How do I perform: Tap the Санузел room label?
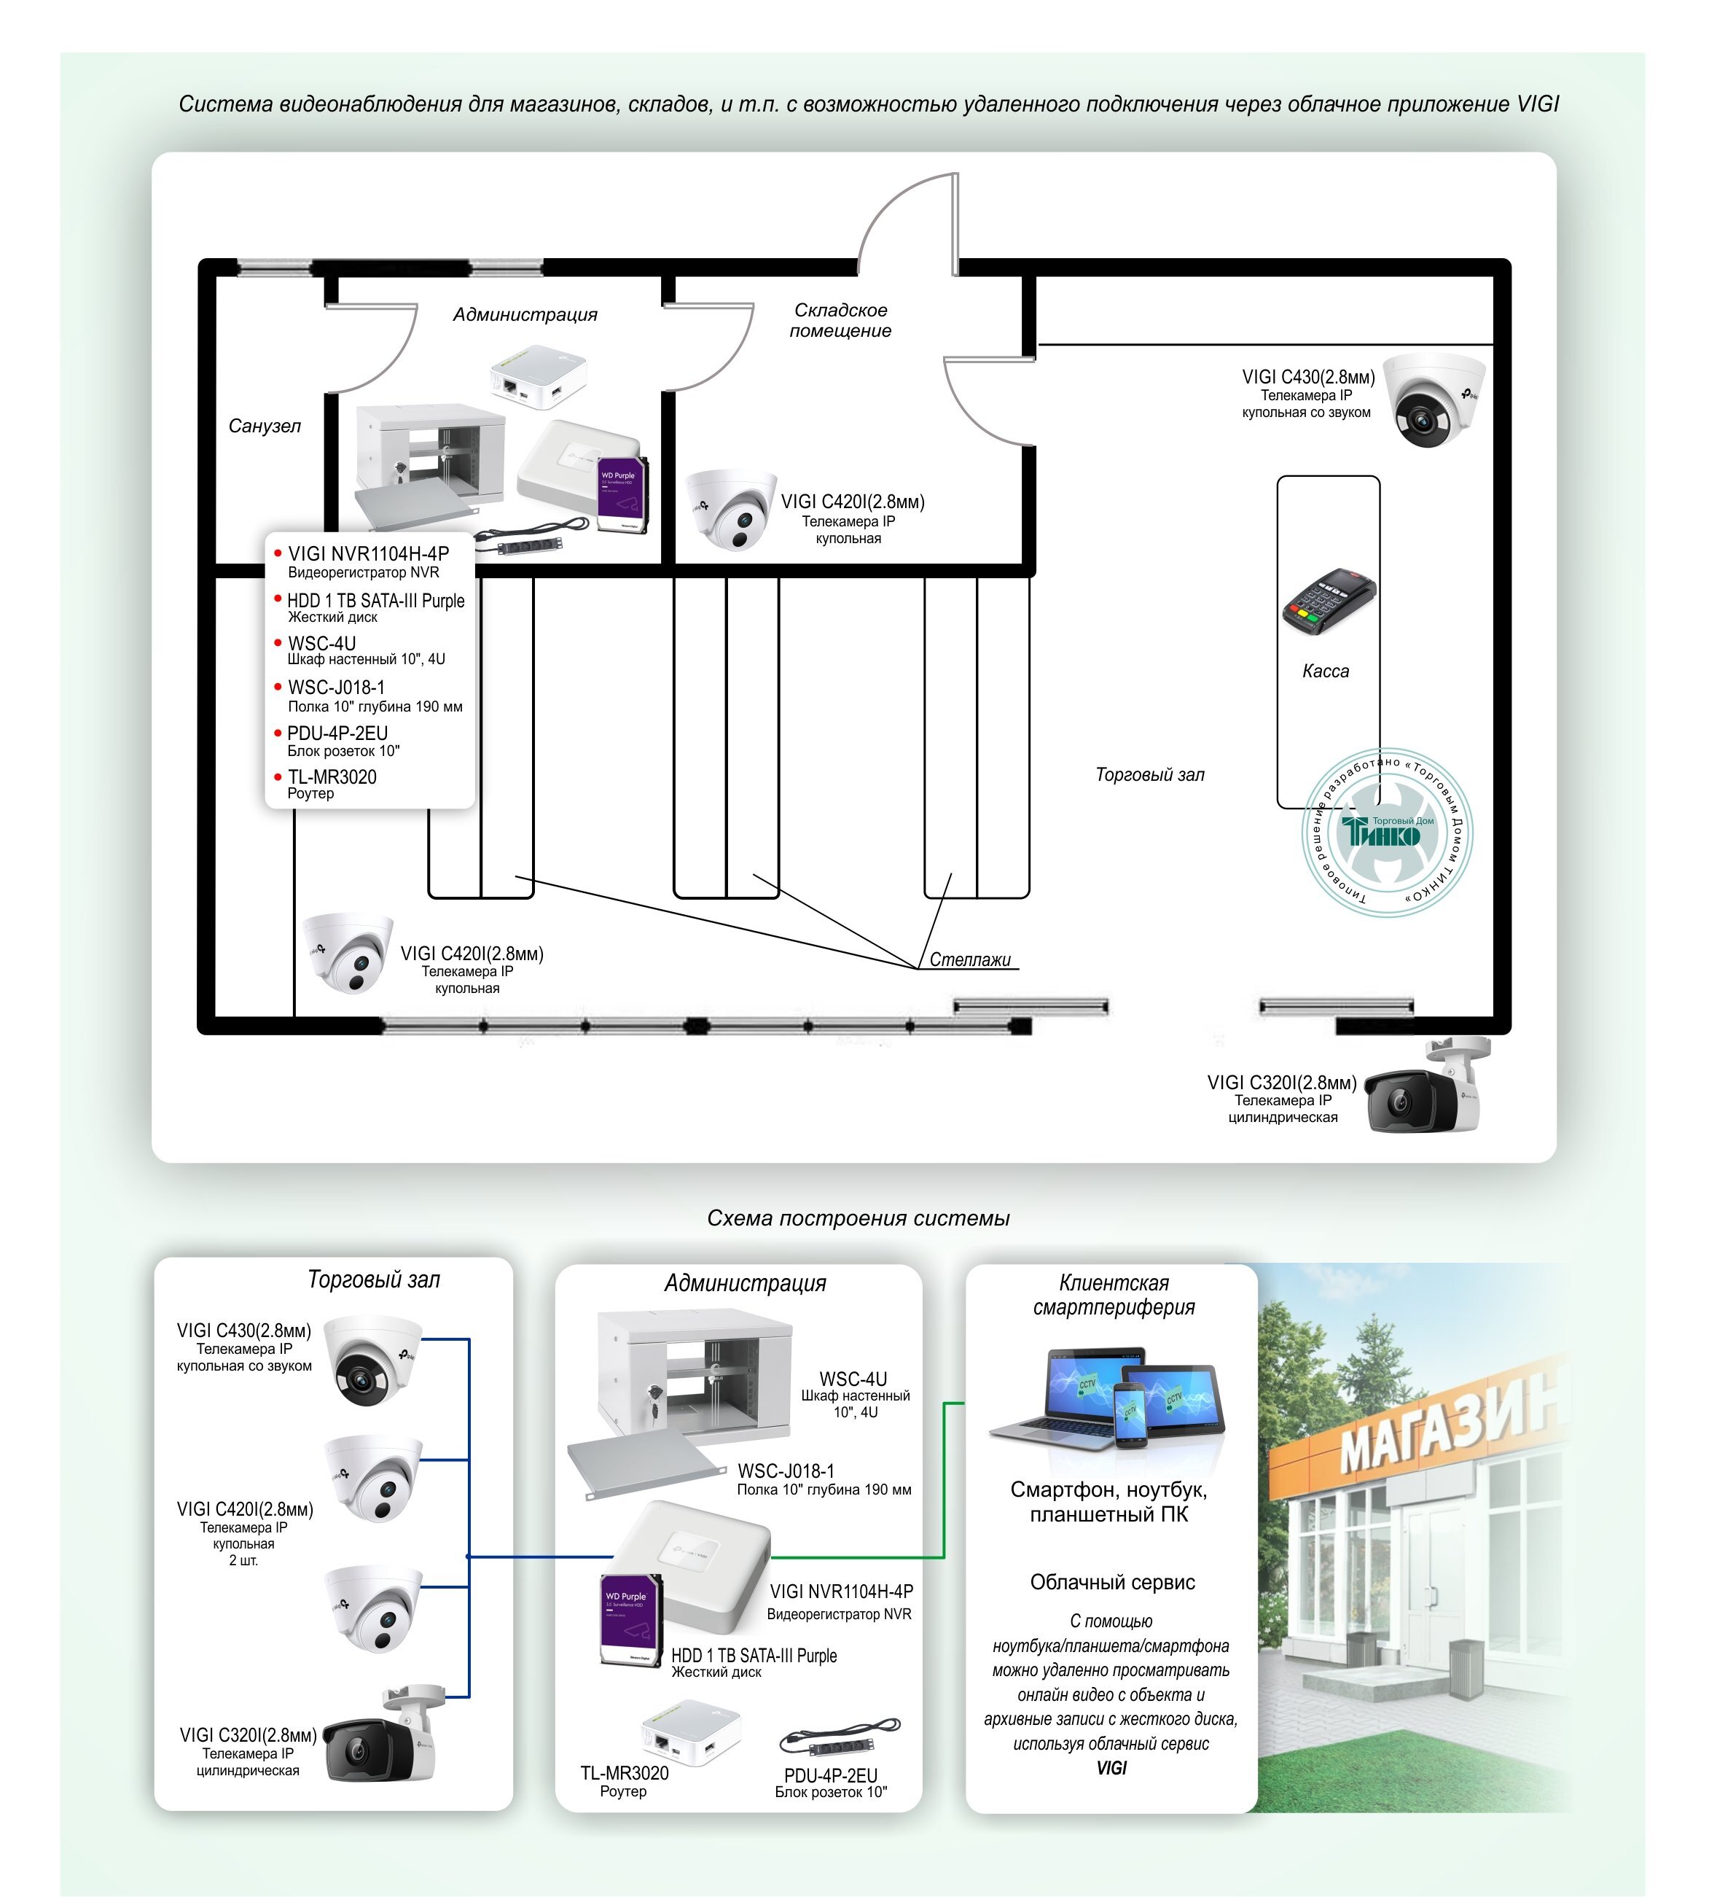coord(265,426)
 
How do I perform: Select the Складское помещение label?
coord(840,320)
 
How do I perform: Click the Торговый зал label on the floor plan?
coord(1149,775)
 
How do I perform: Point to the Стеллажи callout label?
coord(970,959)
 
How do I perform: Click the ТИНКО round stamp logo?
coord(1387,832)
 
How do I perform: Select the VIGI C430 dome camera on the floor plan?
coord(1433,399)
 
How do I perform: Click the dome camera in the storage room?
coord(730,509)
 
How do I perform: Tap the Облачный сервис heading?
coord(1112,1582)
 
